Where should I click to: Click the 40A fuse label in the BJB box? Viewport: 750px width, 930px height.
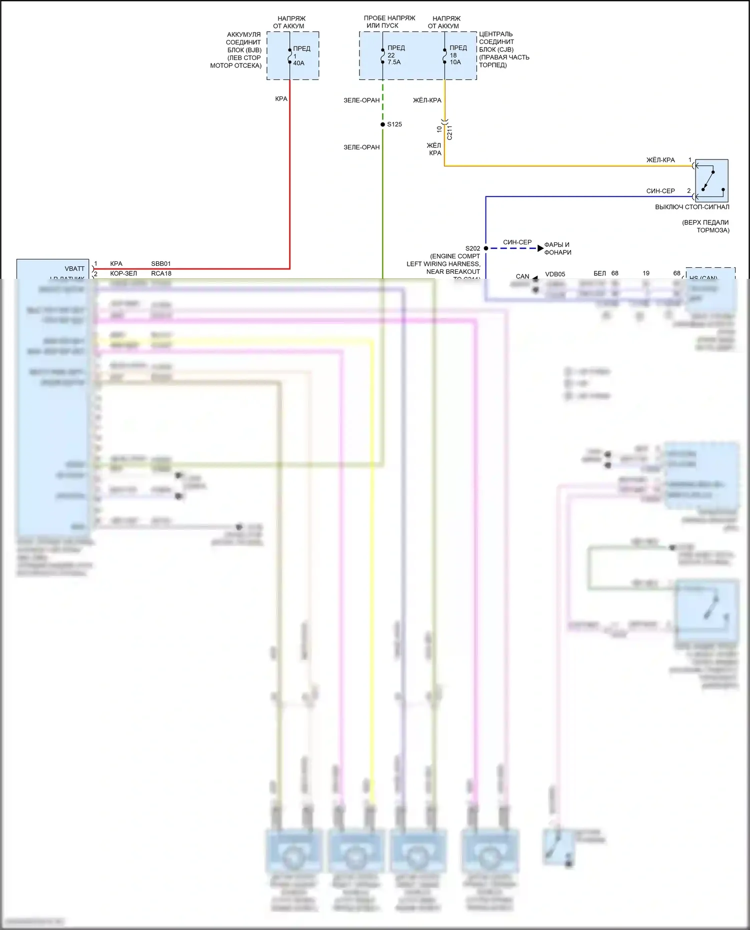pyautogui.click(x=298, y=63)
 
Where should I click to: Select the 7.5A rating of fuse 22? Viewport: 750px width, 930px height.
pyautogui.click(x=394, y=62)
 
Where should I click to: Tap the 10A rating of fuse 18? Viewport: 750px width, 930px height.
pyautogui.click(x=455, y=62)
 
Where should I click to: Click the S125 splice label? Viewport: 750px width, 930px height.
pyautogui.click(x=394, y=124)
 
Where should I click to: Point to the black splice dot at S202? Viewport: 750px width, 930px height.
pyautogui.click(x=486, y=248)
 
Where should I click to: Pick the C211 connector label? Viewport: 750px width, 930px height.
pyautogui.click(x=449, y=132)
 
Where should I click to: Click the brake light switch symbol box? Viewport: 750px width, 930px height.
pyautogui.click(x=711, y=180)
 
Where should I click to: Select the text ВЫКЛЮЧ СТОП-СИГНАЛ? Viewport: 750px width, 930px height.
pyautogui.click(x=692, y=207)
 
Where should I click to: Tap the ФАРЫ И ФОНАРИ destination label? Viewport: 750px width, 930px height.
pyautogui.click(x=557, y=248)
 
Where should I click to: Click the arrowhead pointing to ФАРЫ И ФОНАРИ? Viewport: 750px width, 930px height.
pyautogui.click(x=540, y=248)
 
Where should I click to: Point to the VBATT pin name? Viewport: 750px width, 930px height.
pyautogui.click(x=74, y=269)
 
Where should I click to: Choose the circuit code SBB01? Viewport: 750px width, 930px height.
pyautogui.click(x=161, y=264)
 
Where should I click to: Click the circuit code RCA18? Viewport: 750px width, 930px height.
pyautogui.click(x=161, y=274)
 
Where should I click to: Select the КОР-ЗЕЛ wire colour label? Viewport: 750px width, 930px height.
pyautogui.click(x=123, y=274)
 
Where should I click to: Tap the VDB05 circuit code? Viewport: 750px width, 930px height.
pyautogui.click(x=555, y=274)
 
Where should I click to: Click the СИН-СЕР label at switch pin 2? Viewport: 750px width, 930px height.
pyautogui.click(x=660, y=191)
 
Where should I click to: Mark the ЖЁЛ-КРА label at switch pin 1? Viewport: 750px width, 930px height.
pyautogui.click(x=660, y=160)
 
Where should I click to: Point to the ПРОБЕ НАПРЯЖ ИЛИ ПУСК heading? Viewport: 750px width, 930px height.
pyautogui.click(x=389, y=21)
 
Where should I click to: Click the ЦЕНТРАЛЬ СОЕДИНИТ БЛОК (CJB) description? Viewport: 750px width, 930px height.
pyautogui.click(x=503, y=49)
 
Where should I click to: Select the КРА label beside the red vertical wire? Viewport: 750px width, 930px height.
pyautogui.click(x=281, y=99)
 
